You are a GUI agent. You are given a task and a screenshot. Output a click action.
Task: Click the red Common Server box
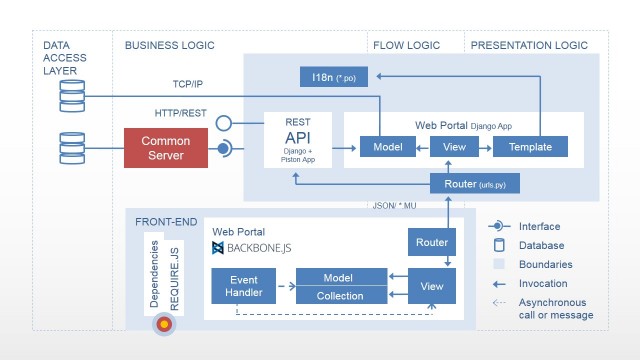point(165,148)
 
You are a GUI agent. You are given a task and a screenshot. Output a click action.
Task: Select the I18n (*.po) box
point(339,77)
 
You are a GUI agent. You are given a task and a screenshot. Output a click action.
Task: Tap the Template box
point(530,146)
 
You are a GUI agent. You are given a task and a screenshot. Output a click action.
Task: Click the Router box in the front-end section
point(432,243)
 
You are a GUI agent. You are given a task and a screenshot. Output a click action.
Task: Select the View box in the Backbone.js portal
point(432,286)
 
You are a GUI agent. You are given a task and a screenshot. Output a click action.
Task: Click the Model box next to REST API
point(380,146)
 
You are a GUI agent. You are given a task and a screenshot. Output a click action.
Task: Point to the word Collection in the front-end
point(340,296)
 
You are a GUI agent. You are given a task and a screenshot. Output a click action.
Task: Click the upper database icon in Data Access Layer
point(71,95)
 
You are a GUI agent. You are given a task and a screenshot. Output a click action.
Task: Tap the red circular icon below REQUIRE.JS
point(165,325)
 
